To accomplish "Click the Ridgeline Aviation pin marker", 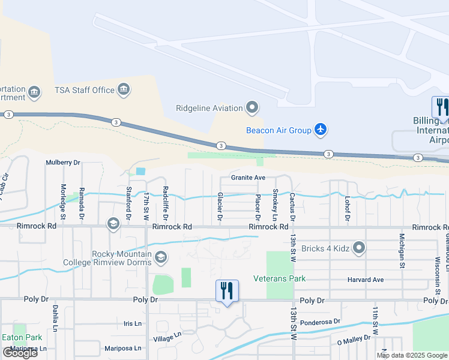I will (252, 108).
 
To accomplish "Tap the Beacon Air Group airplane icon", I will (321, 130).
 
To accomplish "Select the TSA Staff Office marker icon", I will (124, 90).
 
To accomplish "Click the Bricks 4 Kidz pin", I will (359, 247).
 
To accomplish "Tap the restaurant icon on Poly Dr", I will (227, 291).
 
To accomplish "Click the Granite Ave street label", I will (248, 178).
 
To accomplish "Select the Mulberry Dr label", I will (63, 163).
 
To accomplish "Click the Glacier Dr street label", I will (220, 205).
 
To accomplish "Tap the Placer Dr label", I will (258, 206).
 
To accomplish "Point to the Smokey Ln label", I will (275, 204).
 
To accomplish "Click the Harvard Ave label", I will (366, 280).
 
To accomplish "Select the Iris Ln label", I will (132, 323).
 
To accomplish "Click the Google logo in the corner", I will (20, 353).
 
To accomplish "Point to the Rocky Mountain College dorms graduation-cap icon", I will (160, 258).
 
